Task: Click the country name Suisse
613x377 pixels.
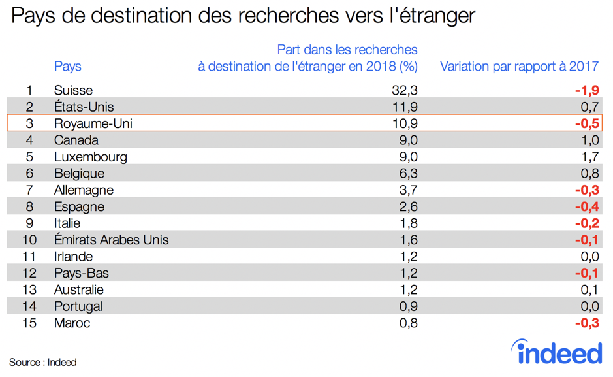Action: [x=73, y=90]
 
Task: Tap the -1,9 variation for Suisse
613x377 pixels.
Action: [x=586, y=90]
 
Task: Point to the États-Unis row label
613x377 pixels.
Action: [x=84, y=107]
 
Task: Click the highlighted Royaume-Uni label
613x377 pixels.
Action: [x=93, y=123]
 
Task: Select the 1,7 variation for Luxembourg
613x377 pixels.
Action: [x=589, y=157]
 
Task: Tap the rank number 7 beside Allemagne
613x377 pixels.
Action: [x=29, y=190]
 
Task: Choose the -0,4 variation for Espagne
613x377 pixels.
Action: [x=586, y=207]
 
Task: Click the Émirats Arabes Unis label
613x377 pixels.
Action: [x=111, y=240]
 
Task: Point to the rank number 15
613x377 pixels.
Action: [x=29, y=323]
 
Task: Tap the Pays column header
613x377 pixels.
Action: [x=68, y=66]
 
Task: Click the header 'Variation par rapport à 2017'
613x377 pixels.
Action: [x=519, y=66]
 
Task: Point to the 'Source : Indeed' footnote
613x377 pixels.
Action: [x=42, y=362]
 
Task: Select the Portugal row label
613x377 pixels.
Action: [x=78, y=306]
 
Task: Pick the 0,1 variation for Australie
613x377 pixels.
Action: [x=589, y=289]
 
